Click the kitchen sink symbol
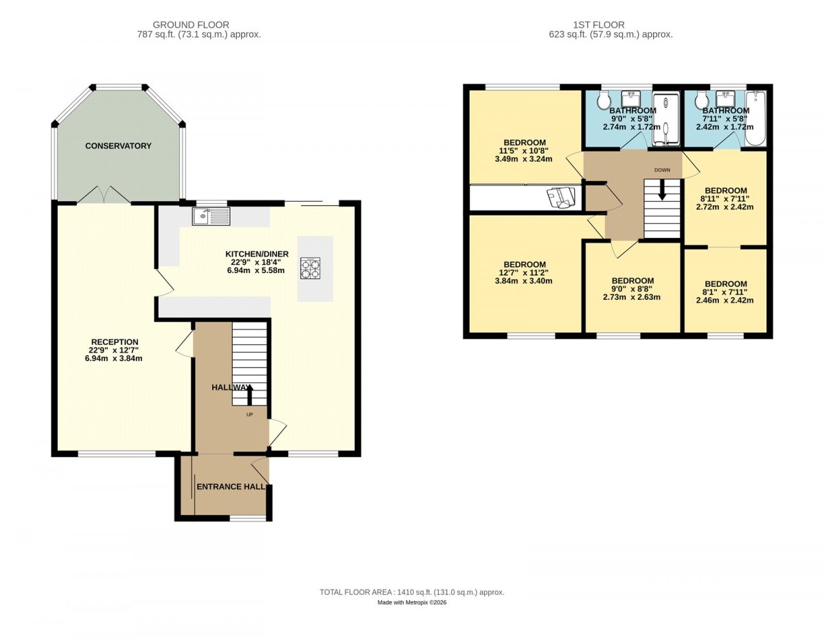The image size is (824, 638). (x=211, y=216)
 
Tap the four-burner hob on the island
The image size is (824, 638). (x=310, y=268)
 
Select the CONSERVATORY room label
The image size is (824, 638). (x=118, y=146)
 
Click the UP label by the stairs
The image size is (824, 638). (x=249, y=414)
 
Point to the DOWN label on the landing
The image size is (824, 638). (x=662, y=170)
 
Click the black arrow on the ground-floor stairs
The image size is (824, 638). (x=249, y=394)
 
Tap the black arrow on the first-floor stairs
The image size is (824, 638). (x=662, y=190)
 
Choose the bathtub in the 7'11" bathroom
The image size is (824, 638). (x=755, y=118)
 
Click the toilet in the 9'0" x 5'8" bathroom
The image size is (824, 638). (x=604, y=100)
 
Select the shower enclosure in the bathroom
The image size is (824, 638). (x=666, y=119)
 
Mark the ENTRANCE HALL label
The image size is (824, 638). (x=231, y=487)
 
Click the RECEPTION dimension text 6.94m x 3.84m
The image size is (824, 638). (x=114, y=358)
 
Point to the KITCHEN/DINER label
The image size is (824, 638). (x=257, y=255)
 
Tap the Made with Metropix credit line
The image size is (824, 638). (x=412, y=602)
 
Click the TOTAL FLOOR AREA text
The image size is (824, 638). (x=412, y=592)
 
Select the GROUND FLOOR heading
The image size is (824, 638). (x=191, y=25)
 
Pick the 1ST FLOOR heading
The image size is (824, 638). (x=598, y=25)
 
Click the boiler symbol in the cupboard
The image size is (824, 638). (x=560, y=198)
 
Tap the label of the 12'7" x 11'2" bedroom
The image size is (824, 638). (x=525, y=264)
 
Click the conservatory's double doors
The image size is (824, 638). (x=104, y=195)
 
